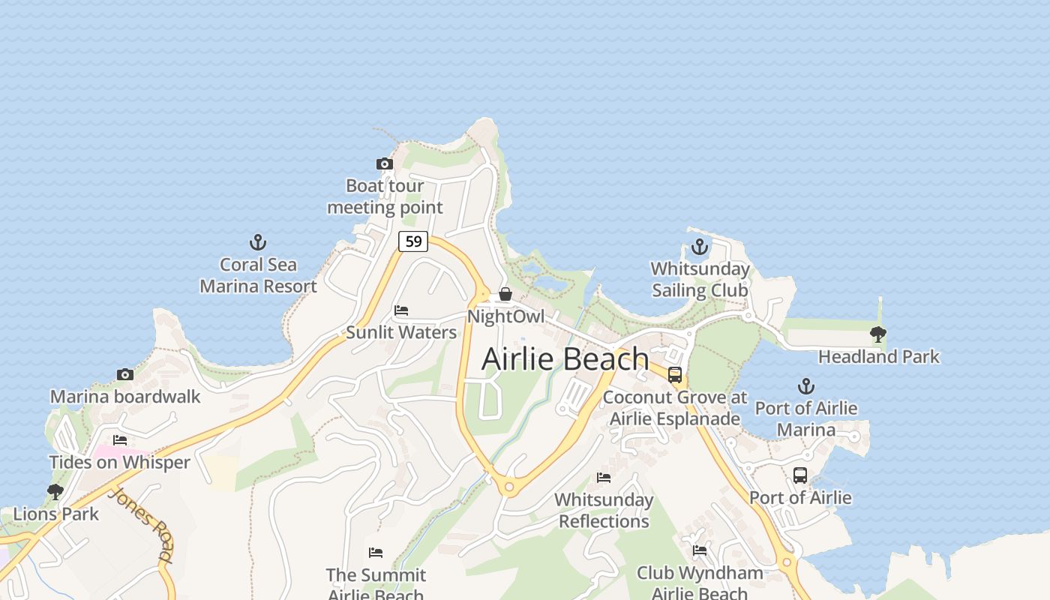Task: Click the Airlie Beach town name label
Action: coord(565,358)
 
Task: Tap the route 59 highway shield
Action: coord(412,241)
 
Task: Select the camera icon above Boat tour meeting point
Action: coord(384,163)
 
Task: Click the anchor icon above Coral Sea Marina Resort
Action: coord(257,242)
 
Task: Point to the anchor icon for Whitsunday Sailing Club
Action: coord(699,247)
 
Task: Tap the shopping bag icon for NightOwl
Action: coord(505,294)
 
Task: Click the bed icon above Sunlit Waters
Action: coord(401,310)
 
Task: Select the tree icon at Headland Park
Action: coord(877,334)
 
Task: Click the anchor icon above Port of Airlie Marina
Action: coord(805,386)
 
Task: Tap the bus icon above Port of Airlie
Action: coord(800,475)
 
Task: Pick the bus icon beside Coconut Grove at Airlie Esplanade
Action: coord(675,375)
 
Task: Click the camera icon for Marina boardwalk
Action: coord(125,374)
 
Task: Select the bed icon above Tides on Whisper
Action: coord(120,440)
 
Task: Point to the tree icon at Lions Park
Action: coord(55,492)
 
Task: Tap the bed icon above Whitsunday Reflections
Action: coord(604,478)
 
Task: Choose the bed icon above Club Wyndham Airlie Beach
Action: coord(700,551)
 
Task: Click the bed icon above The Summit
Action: coord(376,553)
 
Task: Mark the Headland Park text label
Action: coord(878,356)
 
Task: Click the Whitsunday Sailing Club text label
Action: coord(700,279)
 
